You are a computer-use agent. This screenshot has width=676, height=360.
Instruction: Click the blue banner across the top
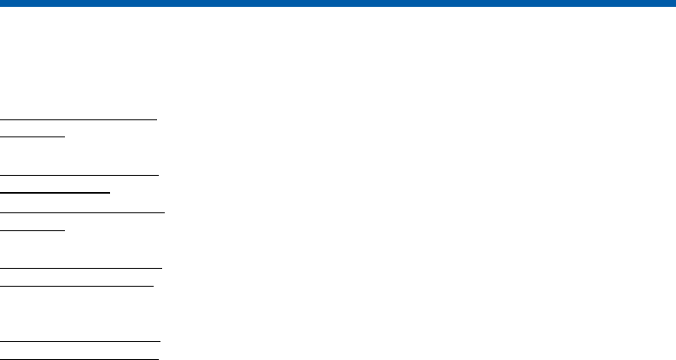tap(338, 3)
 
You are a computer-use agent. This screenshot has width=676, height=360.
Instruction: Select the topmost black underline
tap(79, 119)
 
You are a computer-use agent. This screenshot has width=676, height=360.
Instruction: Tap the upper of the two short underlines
tap(32, 135)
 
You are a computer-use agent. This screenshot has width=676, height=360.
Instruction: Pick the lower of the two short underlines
tap(32, 229)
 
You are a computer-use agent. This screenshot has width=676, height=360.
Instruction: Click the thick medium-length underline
tap(55, 192)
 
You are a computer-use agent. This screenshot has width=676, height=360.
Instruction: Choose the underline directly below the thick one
tap(82, 210)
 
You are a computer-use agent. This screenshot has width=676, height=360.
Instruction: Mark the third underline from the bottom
tap(77, 286)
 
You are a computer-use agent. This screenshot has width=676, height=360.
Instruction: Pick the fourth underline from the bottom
tap(81, 268)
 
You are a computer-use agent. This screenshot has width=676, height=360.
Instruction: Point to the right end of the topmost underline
tap(158, 119)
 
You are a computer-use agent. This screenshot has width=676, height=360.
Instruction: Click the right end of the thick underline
tap(110, 192)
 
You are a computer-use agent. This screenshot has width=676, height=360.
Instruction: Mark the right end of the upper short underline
tap(64, 135)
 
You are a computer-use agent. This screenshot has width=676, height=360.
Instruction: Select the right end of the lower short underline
tap(64, 229)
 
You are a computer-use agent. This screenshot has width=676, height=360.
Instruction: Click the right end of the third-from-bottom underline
tap(153, 286)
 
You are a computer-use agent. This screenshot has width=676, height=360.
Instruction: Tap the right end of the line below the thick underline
tap(163, 210)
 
